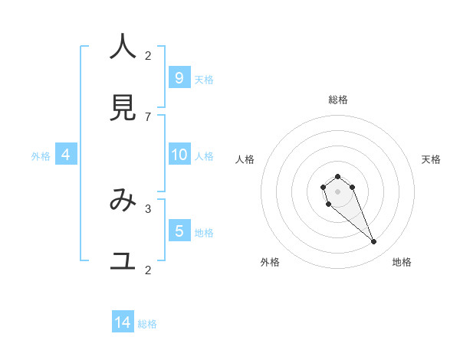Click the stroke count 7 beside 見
pyautogui.click(x=148, y=116)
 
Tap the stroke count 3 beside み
pyautogui.click(x=148, y=208)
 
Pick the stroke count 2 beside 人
pyautogui.click(x=148, y=55)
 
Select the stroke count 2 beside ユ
pyautogui.click(x=148, y=270)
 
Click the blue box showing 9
pyautogui.click(x=179, y=77)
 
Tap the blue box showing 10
pyautogui.click(x=179, y=155)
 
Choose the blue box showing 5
pyautogui.click(x=179, y=231)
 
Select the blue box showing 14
pyautogui.click(x=123, y=322)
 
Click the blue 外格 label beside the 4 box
pyautogui.click(x=41, y=156)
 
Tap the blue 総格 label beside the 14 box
pyautogui.click(x=147, y=324)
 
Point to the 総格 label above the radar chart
pyautogui.click(x=338, y=100)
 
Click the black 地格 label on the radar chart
pyautogui.click(x=402, y=262)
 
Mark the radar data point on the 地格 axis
pyautogui.click(x=374, y=242)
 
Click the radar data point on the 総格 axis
pyautogui.click(x=337, y=177)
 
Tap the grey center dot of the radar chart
pyautogui.click(x=337, y=191)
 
